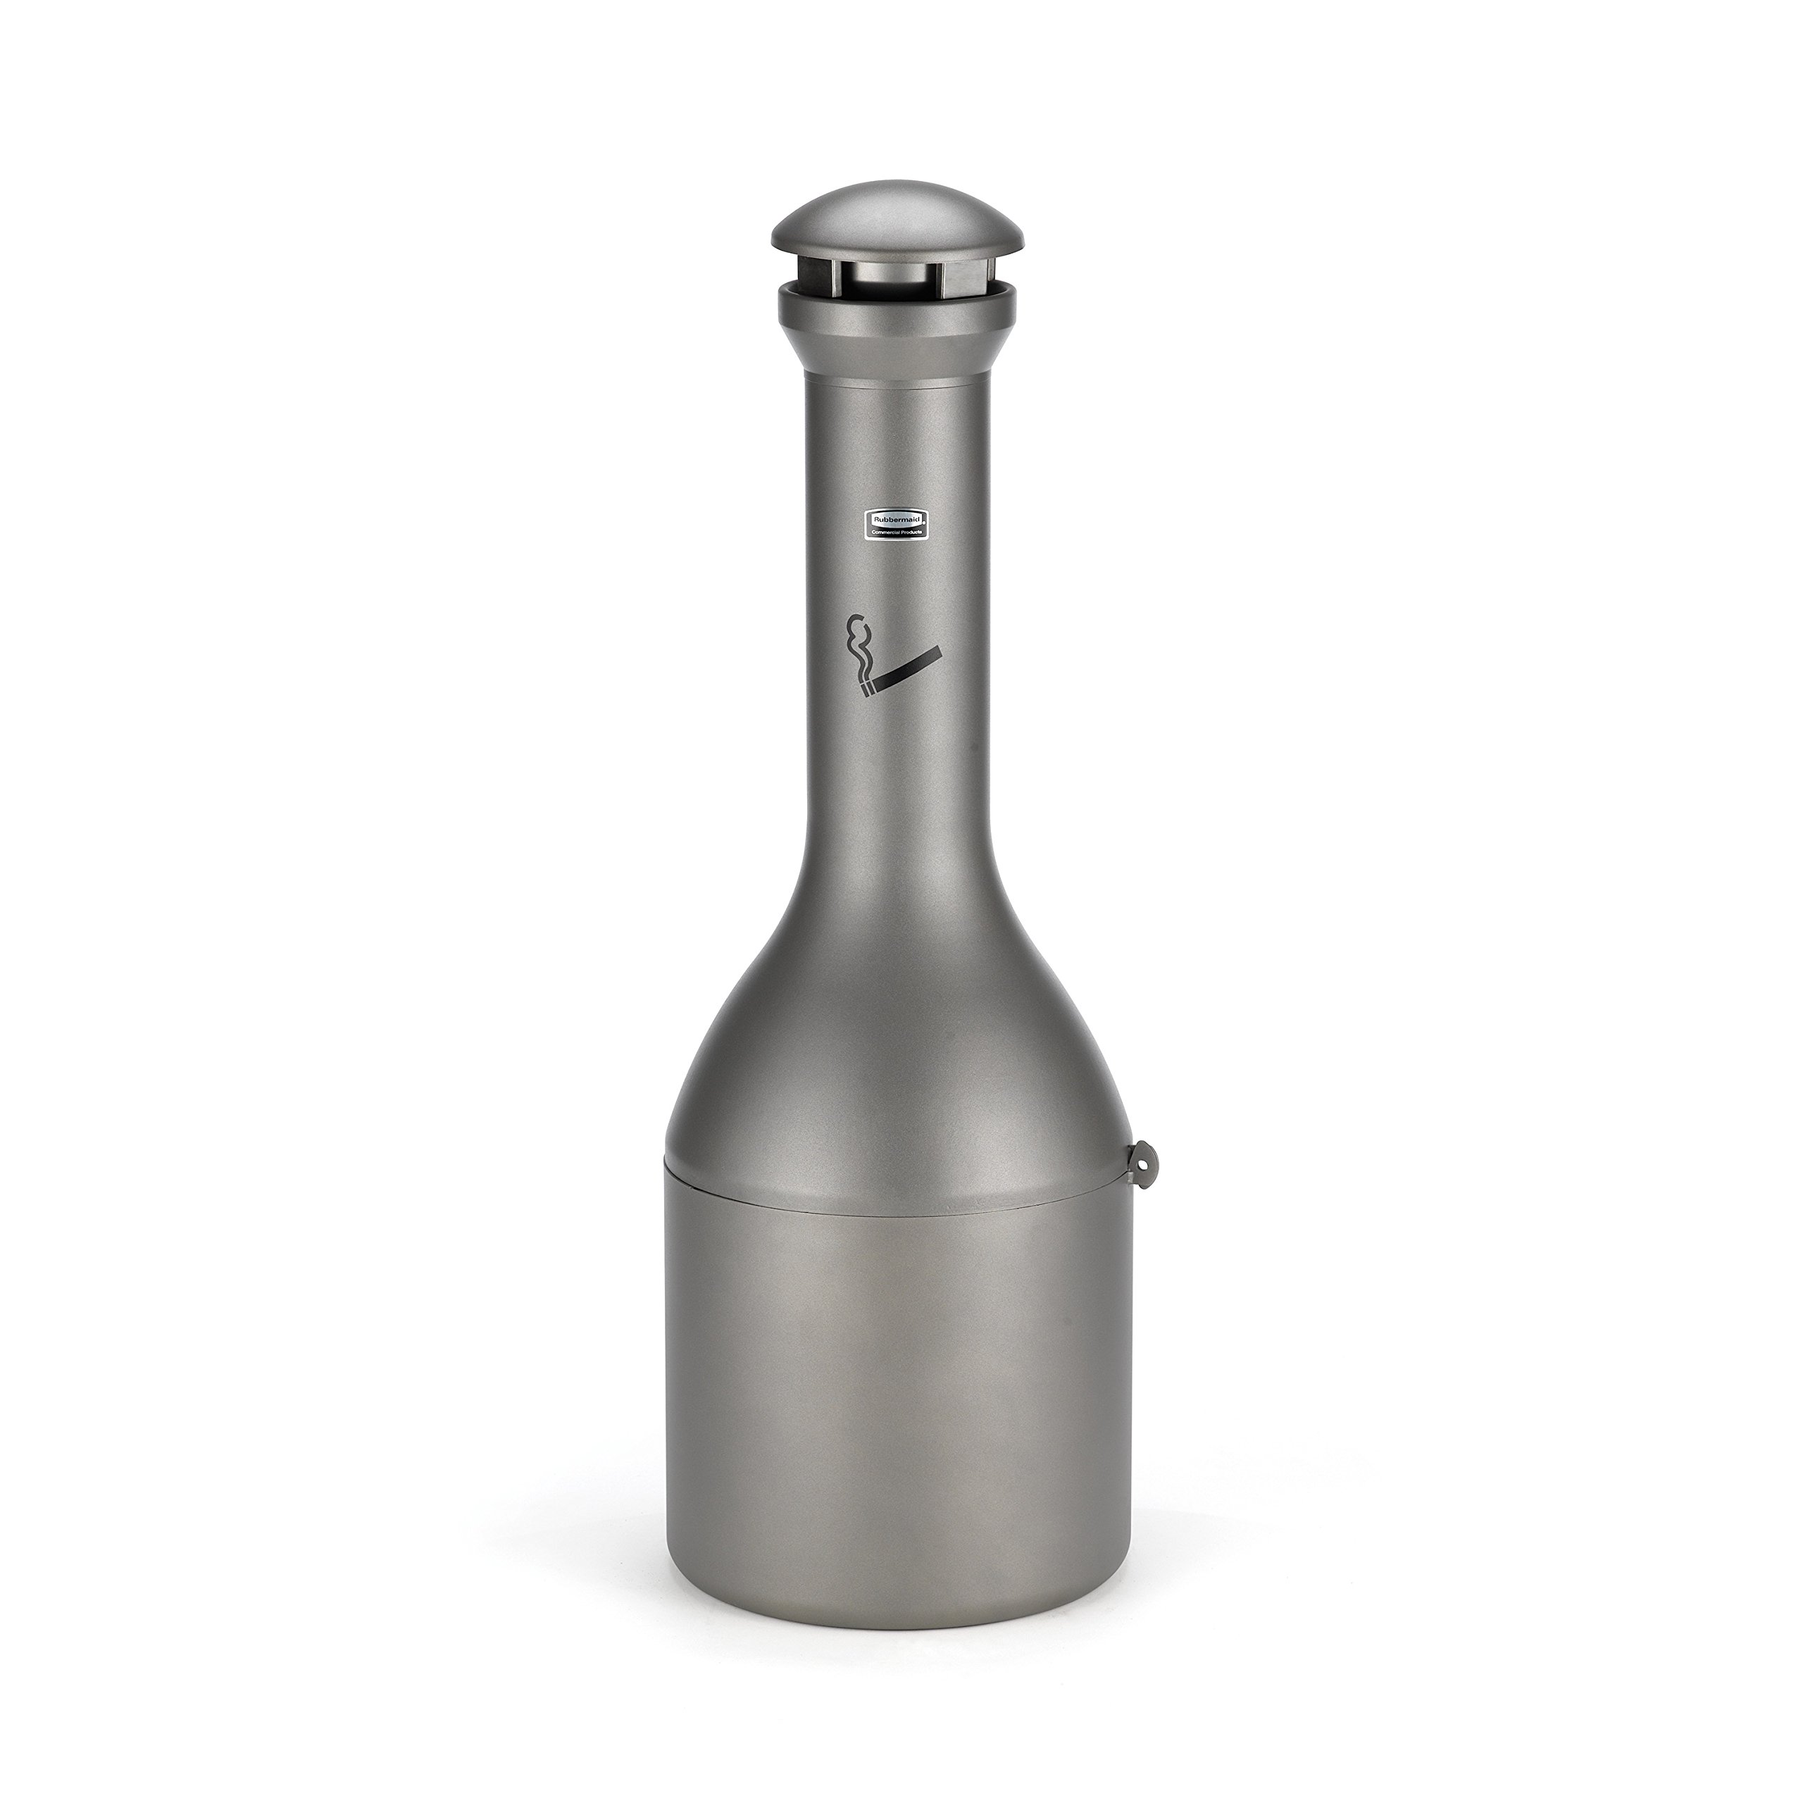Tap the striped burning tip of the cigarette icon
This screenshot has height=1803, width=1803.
867,690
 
